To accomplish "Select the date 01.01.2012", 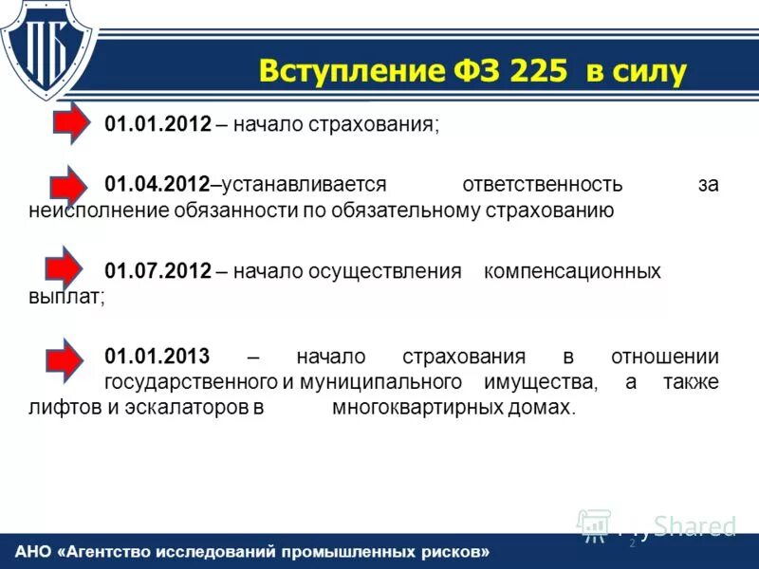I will [157, 125].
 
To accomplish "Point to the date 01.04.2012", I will [157, 185].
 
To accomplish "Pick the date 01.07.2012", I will [157, 271].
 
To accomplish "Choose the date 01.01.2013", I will [157, 358].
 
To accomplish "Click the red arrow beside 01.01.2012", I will [67, 123].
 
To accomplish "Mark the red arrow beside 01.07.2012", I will [67, 268].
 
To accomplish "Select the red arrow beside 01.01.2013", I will [67, 357].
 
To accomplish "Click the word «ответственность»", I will [542, 185].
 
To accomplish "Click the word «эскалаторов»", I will [191, 409].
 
